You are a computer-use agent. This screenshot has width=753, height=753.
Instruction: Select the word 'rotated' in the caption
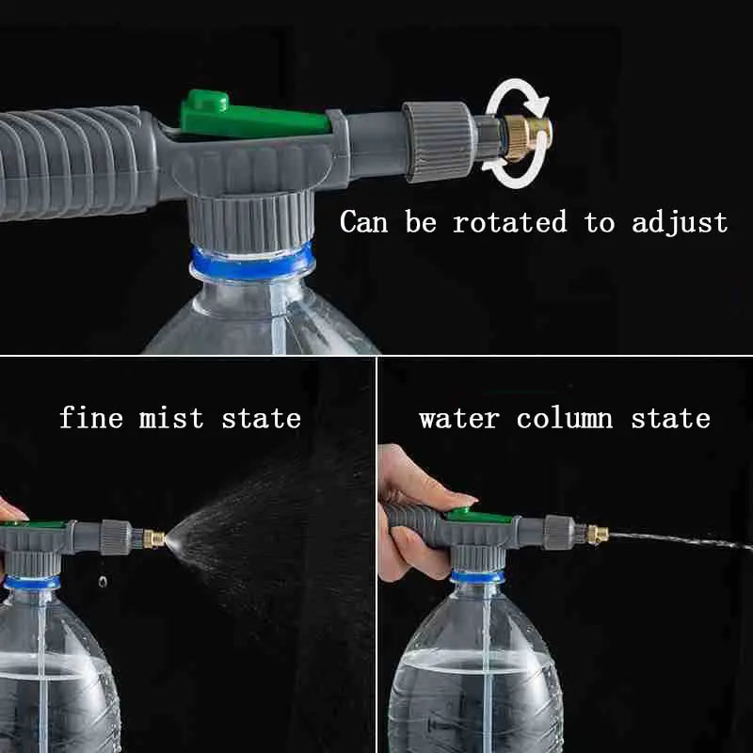click(509, 223)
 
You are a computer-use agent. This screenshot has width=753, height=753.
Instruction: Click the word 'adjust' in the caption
click(679, 224)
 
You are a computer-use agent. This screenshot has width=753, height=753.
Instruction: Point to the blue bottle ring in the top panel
click(251, 263)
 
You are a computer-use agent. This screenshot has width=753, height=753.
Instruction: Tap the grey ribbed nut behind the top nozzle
click(439, 141)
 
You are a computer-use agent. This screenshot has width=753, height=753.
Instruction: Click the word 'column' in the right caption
click(564, 419)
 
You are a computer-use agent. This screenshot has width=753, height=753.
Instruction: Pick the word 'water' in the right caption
click(458, 419)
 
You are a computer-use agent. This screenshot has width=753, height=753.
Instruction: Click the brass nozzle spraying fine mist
click(153, 539)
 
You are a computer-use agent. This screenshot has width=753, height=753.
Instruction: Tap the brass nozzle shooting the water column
click(597, 535)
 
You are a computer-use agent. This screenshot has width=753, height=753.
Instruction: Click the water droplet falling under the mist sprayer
click(103, 582)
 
